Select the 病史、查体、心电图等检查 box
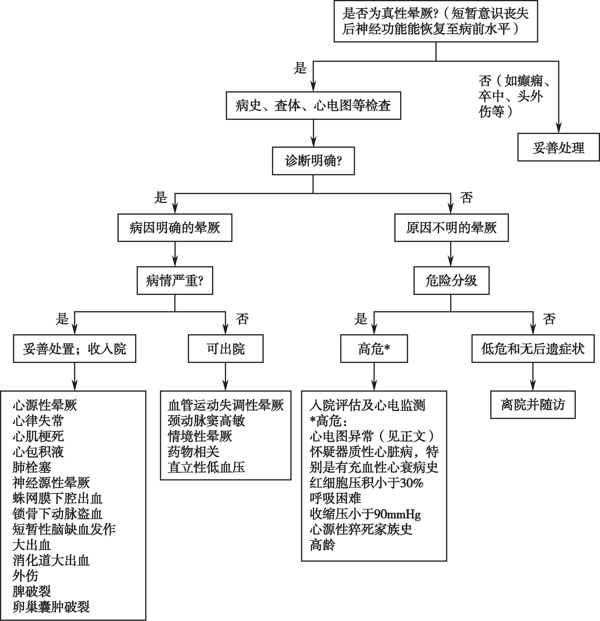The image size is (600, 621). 313,105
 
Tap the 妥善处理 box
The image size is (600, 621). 559,147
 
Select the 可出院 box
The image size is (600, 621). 225,349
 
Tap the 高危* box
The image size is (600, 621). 374,349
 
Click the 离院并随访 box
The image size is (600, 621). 533,405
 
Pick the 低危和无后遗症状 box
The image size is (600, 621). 533,349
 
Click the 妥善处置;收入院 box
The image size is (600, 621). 74,349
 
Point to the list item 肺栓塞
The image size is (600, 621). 32,467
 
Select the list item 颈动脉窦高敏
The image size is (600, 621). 206,421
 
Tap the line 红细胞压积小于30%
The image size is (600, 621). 367,483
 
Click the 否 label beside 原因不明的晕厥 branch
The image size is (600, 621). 466,198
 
